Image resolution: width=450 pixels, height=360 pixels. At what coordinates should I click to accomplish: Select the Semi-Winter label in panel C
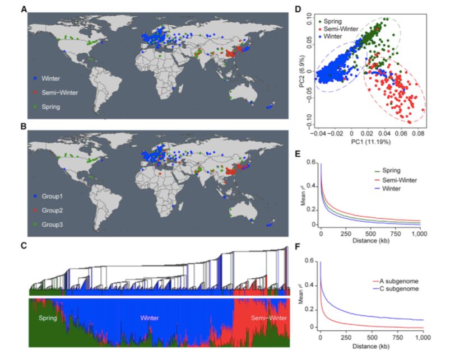263,317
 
